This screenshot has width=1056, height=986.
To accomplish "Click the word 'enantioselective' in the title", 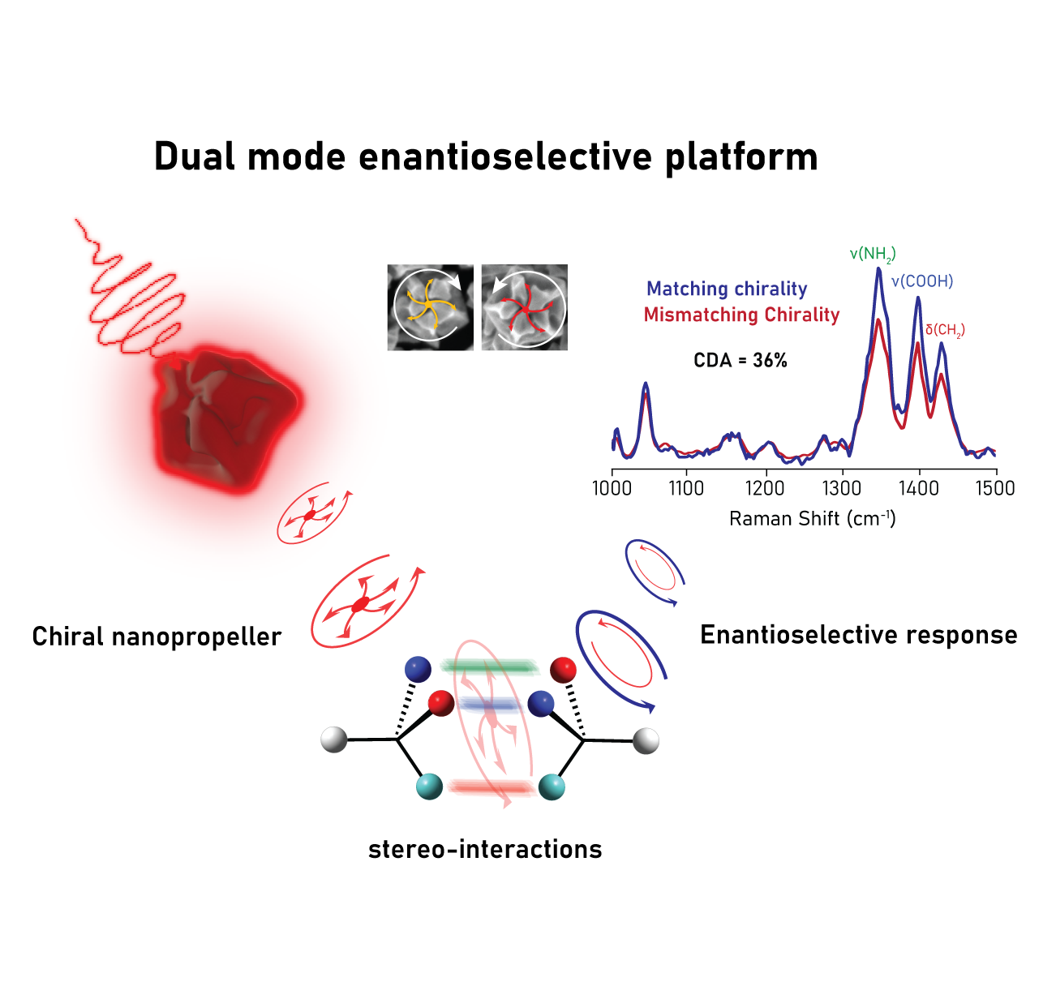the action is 505,156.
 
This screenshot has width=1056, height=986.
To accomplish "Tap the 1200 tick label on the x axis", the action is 765,488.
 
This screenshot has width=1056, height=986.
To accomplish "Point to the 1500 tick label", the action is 995,488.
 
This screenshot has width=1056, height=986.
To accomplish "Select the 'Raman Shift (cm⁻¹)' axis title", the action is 812,518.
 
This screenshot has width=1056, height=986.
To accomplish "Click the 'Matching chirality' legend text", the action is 727,289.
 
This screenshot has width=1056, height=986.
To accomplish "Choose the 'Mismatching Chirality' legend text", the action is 741,315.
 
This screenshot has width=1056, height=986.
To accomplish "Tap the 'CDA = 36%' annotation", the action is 740,361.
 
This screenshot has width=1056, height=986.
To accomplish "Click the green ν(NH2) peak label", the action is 873,255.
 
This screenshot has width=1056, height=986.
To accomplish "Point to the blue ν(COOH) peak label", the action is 922,281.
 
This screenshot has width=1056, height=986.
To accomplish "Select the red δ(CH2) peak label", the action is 945,330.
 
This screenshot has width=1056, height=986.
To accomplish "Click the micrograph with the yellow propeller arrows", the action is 430,307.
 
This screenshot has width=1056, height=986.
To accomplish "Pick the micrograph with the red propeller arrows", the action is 524,307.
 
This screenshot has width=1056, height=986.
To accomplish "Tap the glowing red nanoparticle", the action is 226,418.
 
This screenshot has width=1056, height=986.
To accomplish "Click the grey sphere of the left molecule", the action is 334,739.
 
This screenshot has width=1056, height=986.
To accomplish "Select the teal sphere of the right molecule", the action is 552,787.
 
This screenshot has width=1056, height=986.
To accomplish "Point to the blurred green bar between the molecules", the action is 490,667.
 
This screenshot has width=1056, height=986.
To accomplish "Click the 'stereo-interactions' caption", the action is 485,849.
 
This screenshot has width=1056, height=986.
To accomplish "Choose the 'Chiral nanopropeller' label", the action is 157,637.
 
